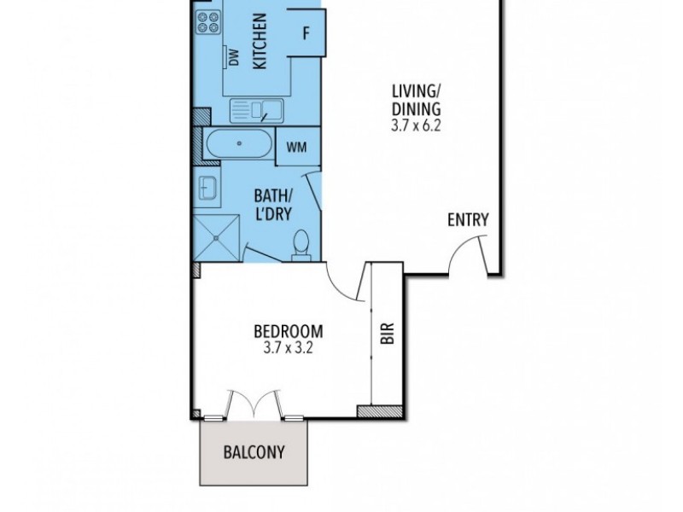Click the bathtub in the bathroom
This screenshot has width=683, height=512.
click(239, 145)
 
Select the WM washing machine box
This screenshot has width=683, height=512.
click(296, 146)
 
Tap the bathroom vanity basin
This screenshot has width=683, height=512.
click(207, 186)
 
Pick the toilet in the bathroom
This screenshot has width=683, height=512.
click(300, 244)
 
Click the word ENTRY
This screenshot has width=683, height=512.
click(468, 220)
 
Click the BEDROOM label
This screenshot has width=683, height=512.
click(289, 331)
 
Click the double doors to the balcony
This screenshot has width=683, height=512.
click(254, 403)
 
